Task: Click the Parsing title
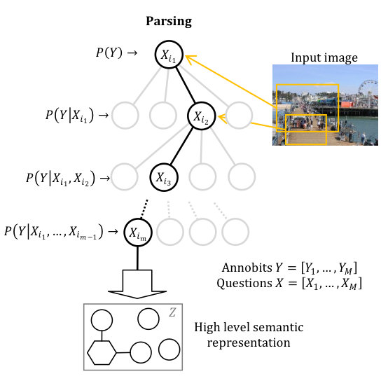point(169,22)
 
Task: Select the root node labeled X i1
point(169,55)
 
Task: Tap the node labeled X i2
point(202,116)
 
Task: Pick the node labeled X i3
point(164,177)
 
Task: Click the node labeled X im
point(138,233)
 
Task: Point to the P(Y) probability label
point(109,53)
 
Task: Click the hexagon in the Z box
point(102,352)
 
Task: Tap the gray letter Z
point(172,312)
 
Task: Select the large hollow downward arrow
point(137,284)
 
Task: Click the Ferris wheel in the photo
point(368,90)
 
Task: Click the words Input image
point(324,58)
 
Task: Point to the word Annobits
point(247,268)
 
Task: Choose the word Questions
point(244,284)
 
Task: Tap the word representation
point(249,343)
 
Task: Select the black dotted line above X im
point(144,209)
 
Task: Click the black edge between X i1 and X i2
point(186,85)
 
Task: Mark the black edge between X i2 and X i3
point(181,146)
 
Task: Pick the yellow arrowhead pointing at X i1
point(190,60)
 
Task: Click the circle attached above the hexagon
point(102,320)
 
